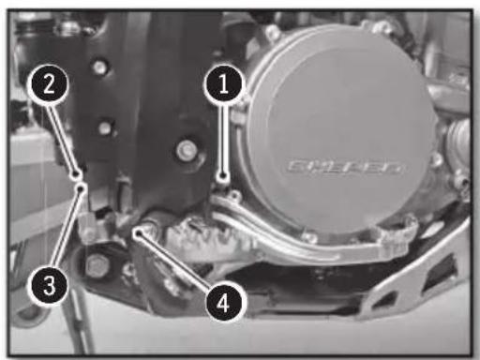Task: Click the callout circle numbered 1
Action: click(222, 84)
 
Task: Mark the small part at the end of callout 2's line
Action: click(77, 172)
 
